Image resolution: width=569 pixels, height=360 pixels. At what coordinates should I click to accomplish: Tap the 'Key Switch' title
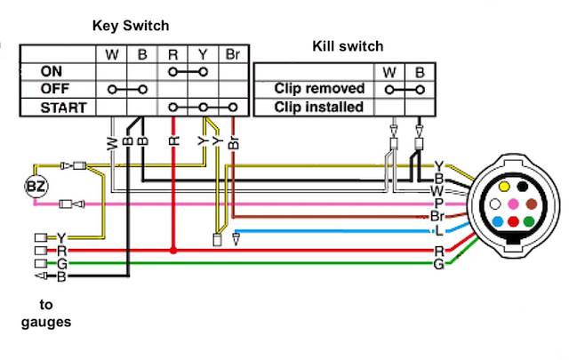[131, 25]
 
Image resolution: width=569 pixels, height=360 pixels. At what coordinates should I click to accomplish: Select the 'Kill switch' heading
[348, 46]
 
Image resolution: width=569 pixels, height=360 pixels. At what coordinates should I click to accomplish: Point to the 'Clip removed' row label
[320, 89]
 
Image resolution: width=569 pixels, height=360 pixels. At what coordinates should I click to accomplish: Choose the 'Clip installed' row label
[318, 108]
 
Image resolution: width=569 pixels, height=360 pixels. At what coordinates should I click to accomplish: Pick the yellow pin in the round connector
[505, 188]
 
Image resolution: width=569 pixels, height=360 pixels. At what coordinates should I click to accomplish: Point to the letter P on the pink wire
[438, 203]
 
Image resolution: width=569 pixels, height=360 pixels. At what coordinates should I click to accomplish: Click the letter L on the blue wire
[438, 229]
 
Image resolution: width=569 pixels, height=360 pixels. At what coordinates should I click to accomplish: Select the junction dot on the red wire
[174, 252]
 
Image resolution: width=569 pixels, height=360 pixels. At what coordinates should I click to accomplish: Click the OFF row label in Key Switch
[56, 89]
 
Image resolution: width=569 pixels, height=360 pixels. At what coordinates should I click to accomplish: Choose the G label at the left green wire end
[61, 264]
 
